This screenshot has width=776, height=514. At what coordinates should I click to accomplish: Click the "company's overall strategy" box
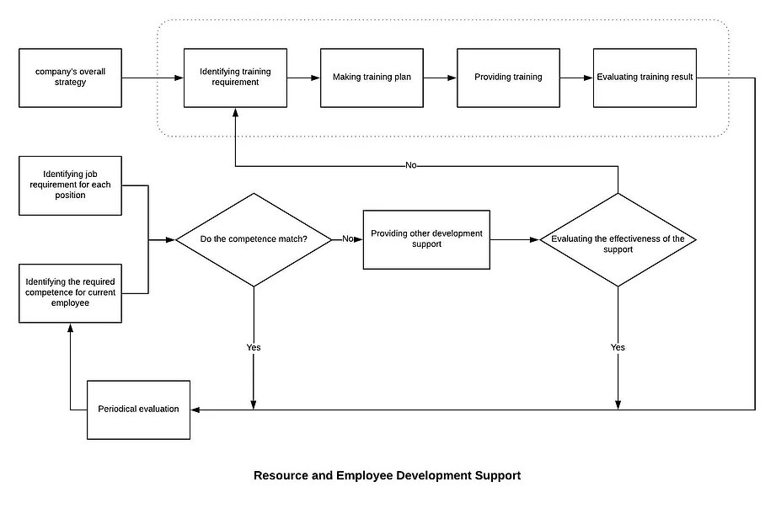(70, 78)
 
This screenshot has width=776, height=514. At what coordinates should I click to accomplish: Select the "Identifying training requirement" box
(235, 78)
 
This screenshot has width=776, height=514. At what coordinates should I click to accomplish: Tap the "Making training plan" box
(372, 78)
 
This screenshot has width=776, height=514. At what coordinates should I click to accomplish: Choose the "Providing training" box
(508, 78)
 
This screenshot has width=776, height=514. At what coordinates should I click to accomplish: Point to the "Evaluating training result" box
(645, 78)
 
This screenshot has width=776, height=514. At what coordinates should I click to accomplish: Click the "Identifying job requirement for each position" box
(70, 185)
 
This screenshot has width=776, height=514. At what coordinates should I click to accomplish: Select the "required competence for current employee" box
(70, 293)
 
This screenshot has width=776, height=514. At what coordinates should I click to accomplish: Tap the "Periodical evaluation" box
(138, 410)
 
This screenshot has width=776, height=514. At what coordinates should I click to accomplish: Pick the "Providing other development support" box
(426, 239)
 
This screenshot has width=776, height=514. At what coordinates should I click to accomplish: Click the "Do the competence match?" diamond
(254, 239)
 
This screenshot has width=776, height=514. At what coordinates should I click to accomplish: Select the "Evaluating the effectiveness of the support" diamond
(618, 239)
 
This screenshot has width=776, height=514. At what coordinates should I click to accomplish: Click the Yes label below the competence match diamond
(254, 347)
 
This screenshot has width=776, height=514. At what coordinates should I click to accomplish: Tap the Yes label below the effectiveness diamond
(618, 347)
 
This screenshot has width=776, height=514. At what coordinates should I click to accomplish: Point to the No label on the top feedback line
(411, 165)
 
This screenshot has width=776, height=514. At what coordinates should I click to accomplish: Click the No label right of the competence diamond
(348, 239)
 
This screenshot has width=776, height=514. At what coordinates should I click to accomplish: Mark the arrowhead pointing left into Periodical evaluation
(195, 410)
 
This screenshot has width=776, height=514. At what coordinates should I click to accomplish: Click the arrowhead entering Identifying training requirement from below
(235, 112)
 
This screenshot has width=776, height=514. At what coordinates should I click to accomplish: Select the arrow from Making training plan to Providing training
(440, 78)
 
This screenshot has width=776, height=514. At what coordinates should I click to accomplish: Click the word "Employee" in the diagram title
(364, 476)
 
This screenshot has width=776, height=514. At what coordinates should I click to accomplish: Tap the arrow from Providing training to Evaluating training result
(576, 78)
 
